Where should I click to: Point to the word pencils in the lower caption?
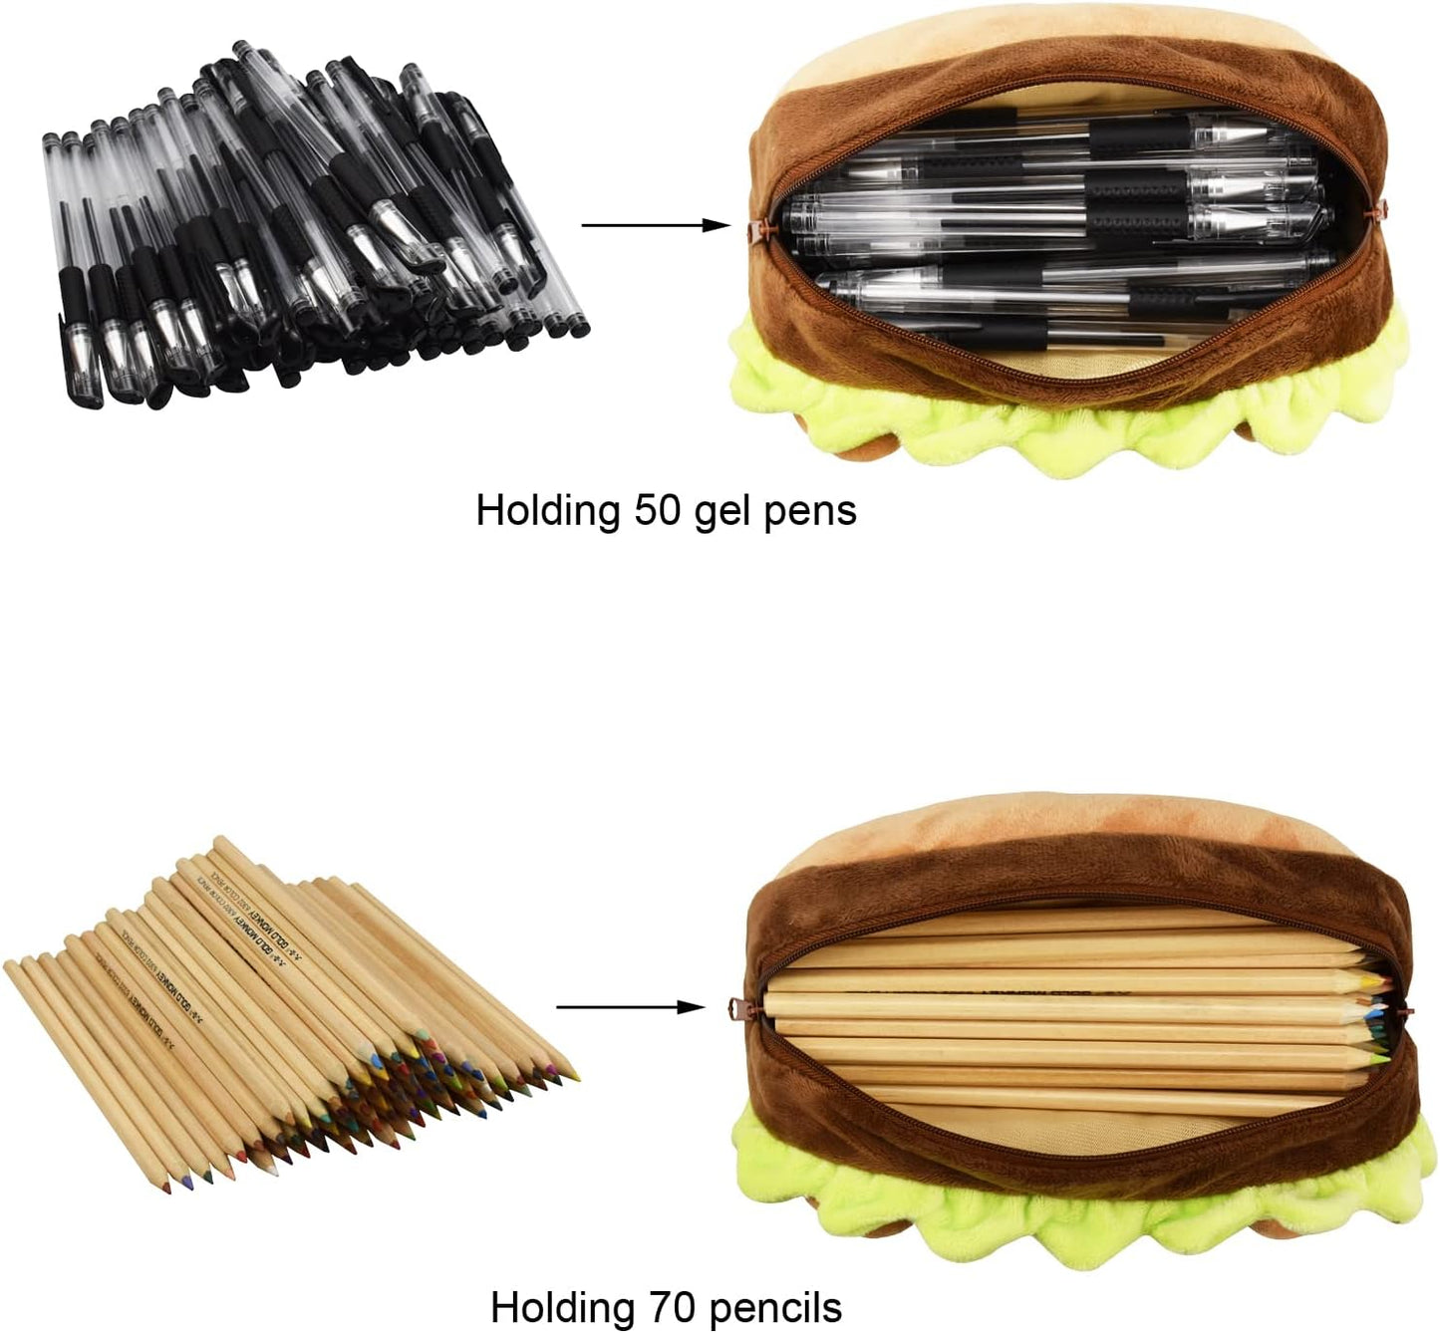pyautogui.click(x=778, y=1306)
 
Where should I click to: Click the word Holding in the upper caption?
pyautogui.click(x=548, y=510)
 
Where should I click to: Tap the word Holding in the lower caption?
pyautogui.click(x=563, y=1306)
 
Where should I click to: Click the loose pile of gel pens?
pyautogui.click(x=309, y=229)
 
